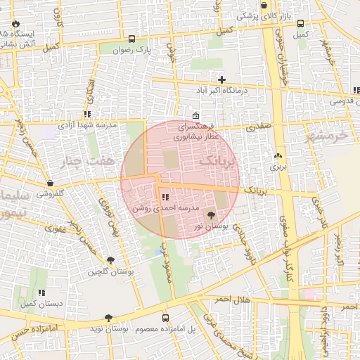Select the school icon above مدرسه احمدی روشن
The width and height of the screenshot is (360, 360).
(x=165, y=197)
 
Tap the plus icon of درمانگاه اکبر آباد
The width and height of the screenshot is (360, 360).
(x=222, y=79)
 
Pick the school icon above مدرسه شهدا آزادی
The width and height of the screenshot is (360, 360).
(x=87, y=114)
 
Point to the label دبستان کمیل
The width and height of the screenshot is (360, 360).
(x=38, y=303)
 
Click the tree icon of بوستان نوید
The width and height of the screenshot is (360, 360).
(x=108, y=318)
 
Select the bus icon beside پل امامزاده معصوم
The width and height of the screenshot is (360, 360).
(x=166, y=318)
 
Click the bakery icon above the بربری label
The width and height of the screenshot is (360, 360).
(x=279, y=156)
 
